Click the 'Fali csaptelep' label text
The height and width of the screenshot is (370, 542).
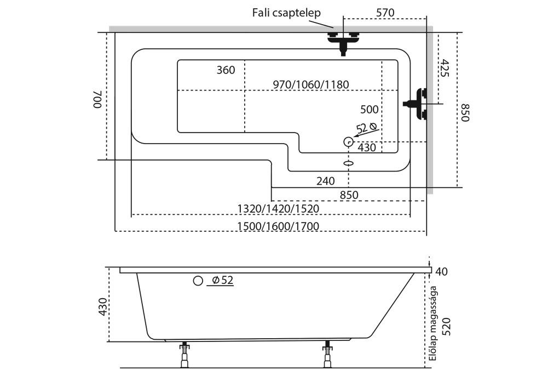click(286, 13)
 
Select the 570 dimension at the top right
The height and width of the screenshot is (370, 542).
click(385, 13)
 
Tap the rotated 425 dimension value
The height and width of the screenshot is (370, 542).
click(444, 68)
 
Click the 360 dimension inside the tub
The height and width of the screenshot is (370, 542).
click(226, 70)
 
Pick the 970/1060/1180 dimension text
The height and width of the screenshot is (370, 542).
click(310, 84)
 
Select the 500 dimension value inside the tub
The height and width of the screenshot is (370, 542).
click(369, 109)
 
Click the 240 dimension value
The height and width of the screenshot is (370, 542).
click(325, 181)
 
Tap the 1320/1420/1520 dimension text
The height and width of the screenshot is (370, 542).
click(278, 208)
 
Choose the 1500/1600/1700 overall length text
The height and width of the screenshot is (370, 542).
click(278, 226)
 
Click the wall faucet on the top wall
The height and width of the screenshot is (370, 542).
click(343, 42)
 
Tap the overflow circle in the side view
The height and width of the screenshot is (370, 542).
click(198, 281)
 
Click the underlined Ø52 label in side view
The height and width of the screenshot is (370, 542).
click(222, 281)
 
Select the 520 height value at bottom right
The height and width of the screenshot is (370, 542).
click(446, 326)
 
